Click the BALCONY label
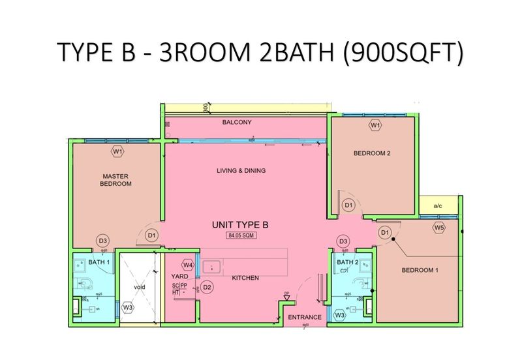click(236, 122)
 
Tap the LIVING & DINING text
click(241, 171)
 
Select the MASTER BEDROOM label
click(115, 180)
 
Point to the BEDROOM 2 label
click(371, 154)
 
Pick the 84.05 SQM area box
click(240, 235)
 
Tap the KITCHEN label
click(245, 278)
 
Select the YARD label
click(179, 276)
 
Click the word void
click(139, 287)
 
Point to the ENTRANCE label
click(305, 318)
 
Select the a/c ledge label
click(438, 206)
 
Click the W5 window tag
click(438, 228)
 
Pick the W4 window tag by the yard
click(188, 265)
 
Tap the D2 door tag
click(207, 287)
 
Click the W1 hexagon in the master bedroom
click(117, 151)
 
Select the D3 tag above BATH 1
click(102, 241)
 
